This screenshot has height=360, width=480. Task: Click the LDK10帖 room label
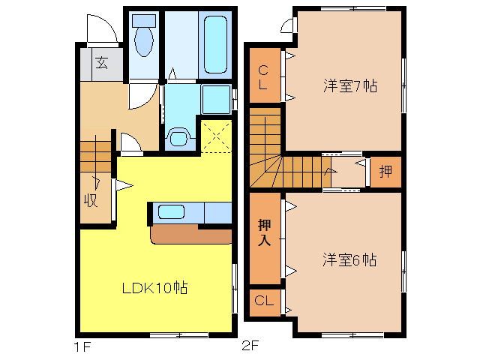point(154,288)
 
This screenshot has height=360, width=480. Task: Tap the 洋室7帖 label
point(350,85)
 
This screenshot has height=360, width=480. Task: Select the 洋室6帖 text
point(349,260)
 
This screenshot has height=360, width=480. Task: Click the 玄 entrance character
point(101,63)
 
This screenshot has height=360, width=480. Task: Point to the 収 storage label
point(91,200)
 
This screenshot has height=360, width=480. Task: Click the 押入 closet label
point(265,232)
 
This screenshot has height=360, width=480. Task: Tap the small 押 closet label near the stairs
point(385,172)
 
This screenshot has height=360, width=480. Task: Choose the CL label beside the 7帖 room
point(263,77)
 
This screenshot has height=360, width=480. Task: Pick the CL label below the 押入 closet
point(264,301)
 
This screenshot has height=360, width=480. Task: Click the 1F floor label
point(82,347)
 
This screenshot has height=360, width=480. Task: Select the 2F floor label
point(250,346)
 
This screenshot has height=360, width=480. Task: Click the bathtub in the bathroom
point(215,44)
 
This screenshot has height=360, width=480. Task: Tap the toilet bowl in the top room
point(144,42)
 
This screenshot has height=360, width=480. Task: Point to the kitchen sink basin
point(171,211)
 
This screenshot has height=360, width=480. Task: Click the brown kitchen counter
point(191,235)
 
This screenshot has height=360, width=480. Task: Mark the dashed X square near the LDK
point(216,136)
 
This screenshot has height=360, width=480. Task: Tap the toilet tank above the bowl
point(144,21)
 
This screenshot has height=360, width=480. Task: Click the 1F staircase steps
point(95,157)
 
